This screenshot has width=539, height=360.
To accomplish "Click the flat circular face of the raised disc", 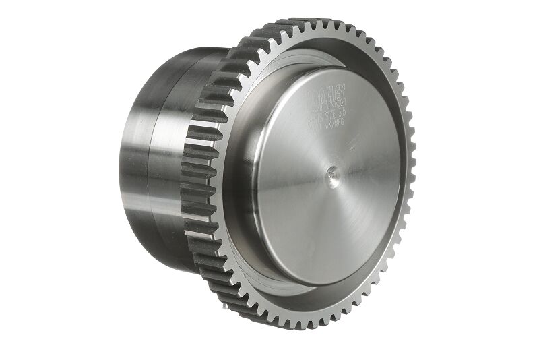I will pos(337,202).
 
